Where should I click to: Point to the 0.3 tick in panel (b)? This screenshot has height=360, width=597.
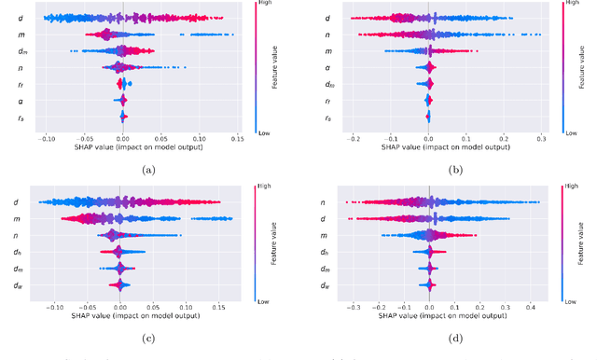click(540, 139)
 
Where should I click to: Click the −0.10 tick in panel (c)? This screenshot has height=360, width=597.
click(56, 306)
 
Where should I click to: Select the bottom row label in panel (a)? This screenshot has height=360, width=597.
click(20, 118)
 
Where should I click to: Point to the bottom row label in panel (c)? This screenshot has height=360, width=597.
click(20, 284)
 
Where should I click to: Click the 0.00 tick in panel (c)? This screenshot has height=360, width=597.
click(120, 306)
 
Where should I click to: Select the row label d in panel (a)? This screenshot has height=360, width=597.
click(20, 18)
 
